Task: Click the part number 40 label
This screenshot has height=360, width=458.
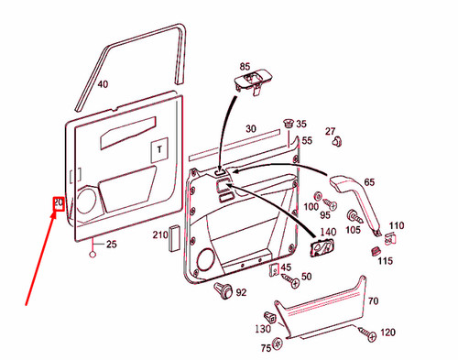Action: (x=103, y=84)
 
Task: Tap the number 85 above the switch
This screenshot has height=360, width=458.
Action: (x=245, y=67)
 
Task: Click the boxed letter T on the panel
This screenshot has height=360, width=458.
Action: (x=158, y=148)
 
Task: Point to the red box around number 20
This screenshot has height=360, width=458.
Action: (x=57, y=203)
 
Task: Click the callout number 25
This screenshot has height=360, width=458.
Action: (x=112, y=244)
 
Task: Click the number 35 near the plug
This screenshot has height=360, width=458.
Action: (x=301, y=124)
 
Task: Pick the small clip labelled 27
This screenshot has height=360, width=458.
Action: (x=336, y=142)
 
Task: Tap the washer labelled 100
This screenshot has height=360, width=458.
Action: (x=317, y=197)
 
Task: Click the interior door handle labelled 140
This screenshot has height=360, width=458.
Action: (x=325, y=244)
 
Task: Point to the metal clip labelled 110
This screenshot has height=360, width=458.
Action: (x=392, y=239)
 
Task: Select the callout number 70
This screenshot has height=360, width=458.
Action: (x=373, y=300)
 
